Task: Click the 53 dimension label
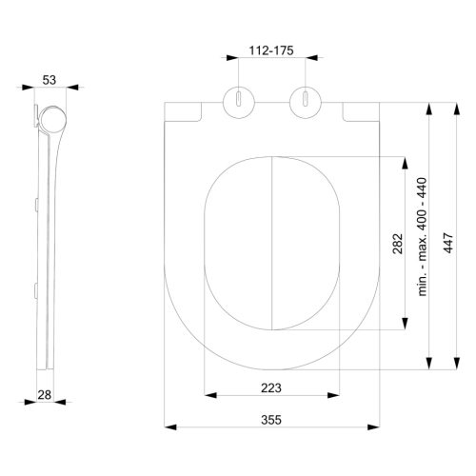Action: click(x=51, y=81)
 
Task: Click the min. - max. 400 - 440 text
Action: click(x=423, y=249)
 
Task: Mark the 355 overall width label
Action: click(x=271, y=422)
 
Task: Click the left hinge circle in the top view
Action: click(x=237, y=102)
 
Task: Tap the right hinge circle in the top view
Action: click(x=304, y=102)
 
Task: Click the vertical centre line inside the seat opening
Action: click(x=271, y=248)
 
